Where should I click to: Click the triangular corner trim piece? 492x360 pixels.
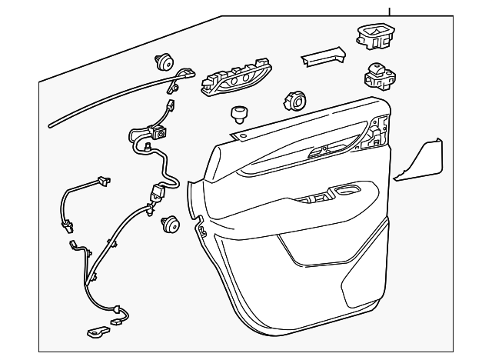click(x=421, y=161)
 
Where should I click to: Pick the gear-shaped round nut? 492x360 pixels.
click(x=294, y=101)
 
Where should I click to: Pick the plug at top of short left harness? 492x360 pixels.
click(x=101, y=182)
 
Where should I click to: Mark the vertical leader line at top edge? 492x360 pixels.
click(x=390, y=10)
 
